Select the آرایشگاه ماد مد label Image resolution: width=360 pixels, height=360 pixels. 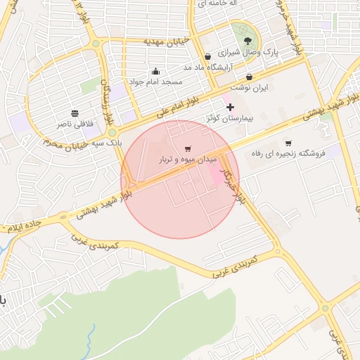point(207,67)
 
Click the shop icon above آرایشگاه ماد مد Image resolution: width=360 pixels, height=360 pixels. point(207,57)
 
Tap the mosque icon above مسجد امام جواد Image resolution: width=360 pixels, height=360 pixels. point(155,72)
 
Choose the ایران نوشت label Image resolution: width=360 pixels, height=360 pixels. point(249,87)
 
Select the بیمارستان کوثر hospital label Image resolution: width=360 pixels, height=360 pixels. point(231,118)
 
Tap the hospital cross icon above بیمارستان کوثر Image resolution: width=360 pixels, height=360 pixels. point(230,107)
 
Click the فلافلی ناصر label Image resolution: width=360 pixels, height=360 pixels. point(75,124)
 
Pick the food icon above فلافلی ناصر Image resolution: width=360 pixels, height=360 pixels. point(75,113)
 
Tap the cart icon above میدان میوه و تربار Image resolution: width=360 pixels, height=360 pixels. point(187,149)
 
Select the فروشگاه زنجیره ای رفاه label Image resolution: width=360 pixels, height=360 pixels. point(287,154)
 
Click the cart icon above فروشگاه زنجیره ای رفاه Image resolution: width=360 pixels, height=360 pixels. point(288,143)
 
